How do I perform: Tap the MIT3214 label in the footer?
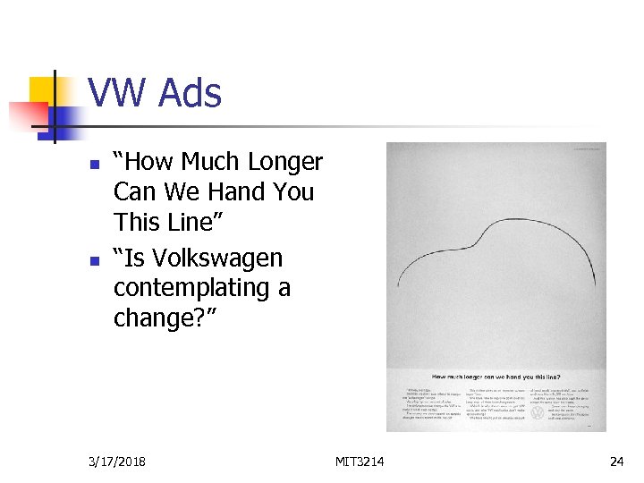360,462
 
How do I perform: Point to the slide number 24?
616,462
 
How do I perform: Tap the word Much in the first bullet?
211,162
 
